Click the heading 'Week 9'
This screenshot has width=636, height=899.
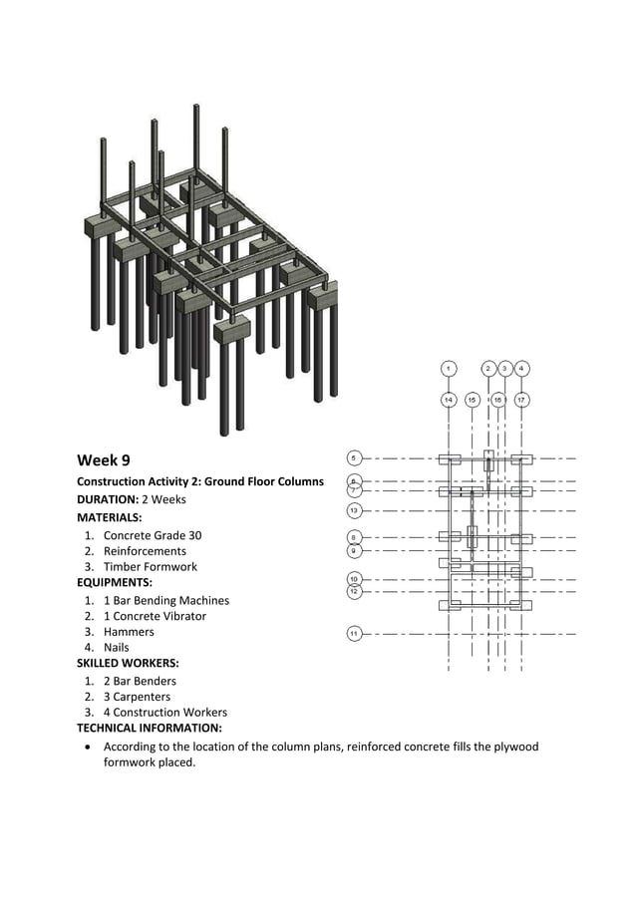coord(104,460)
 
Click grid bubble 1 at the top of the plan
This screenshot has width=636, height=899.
coord(449,369)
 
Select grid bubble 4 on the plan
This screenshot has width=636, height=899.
coord(521,369)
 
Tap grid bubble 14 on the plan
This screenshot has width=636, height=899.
coord(449,400)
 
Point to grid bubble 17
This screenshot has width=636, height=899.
coord(521,400)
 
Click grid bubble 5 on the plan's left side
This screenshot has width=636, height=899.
coord(354,458)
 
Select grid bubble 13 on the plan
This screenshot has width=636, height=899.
coord(354,510)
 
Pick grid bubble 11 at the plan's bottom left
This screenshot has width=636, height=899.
coord(354,633)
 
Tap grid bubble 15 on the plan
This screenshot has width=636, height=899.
coord(473,400)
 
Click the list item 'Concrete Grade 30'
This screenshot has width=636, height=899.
coord(152,535)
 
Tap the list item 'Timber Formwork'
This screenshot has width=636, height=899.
coord(150,567)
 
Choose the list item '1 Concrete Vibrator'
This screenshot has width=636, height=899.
coord(155,616)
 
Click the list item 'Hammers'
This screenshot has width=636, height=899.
coord(129,632)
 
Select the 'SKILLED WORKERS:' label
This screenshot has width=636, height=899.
coord(128,663)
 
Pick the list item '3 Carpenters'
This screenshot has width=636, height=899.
coord(137,697)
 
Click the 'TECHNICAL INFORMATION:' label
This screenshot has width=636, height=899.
coord(150,729)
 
